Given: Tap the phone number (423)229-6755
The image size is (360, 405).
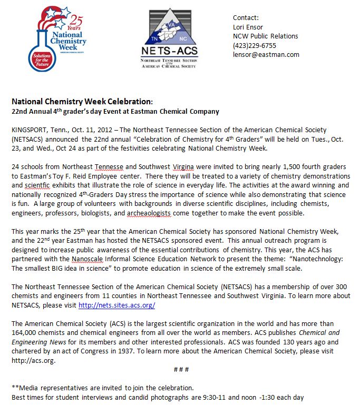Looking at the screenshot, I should pyautogui.click(x=255, y=45).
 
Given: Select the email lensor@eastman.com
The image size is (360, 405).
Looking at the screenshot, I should pyautogui.click(x=266, y=54).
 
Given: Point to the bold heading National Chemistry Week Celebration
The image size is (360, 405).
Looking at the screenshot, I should pyautogui.click(x=82, y=101).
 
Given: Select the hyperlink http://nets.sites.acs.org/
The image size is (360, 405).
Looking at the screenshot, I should pyautogui.click(x=116, y=305).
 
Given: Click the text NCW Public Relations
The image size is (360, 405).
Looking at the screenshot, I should pyautogui.click(x=265, y=36).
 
